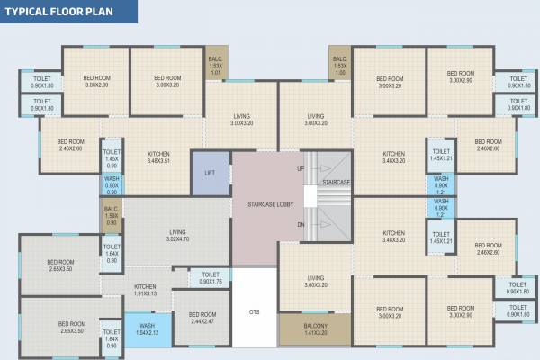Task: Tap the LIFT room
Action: tap(210, 172)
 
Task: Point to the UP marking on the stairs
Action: tap(301, 168)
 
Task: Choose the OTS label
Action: tap(255, 312)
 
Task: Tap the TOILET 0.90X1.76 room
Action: tap(210, 278)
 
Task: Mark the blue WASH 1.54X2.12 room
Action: tap(147, 328)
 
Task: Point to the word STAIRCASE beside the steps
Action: tap(336, 183)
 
